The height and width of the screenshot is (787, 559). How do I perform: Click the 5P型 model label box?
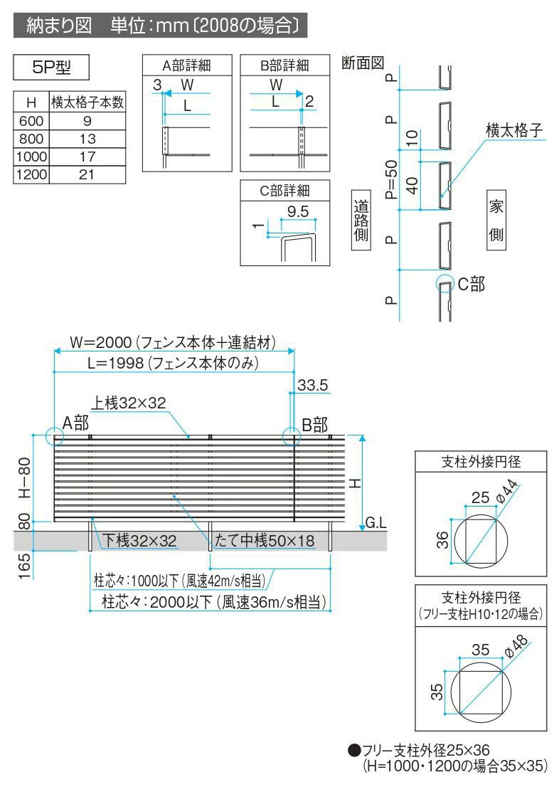[52, 69]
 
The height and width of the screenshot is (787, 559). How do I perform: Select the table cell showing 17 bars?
[86, 157]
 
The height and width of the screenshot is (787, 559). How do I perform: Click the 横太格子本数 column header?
[87, 102]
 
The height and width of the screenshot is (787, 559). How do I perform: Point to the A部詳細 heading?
[187, 65]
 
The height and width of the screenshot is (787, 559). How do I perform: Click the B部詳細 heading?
[284, 65]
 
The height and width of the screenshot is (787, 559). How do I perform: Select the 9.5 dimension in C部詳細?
[298, 211]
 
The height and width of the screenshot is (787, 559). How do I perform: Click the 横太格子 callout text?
[514, 130]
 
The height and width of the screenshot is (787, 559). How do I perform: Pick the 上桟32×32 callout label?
[128, 403]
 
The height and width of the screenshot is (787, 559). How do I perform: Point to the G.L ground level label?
[376, 524]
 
